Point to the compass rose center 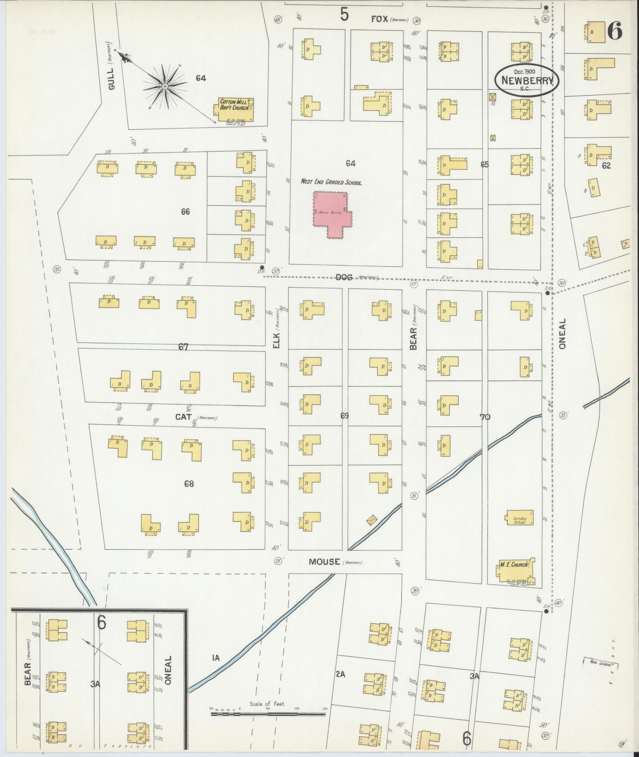164,86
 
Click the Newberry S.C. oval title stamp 527,80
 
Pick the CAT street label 183,417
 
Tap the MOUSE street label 324,562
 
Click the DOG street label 344,277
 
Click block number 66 185,212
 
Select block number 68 189,484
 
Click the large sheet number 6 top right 614,31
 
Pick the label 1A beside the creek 216,658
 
